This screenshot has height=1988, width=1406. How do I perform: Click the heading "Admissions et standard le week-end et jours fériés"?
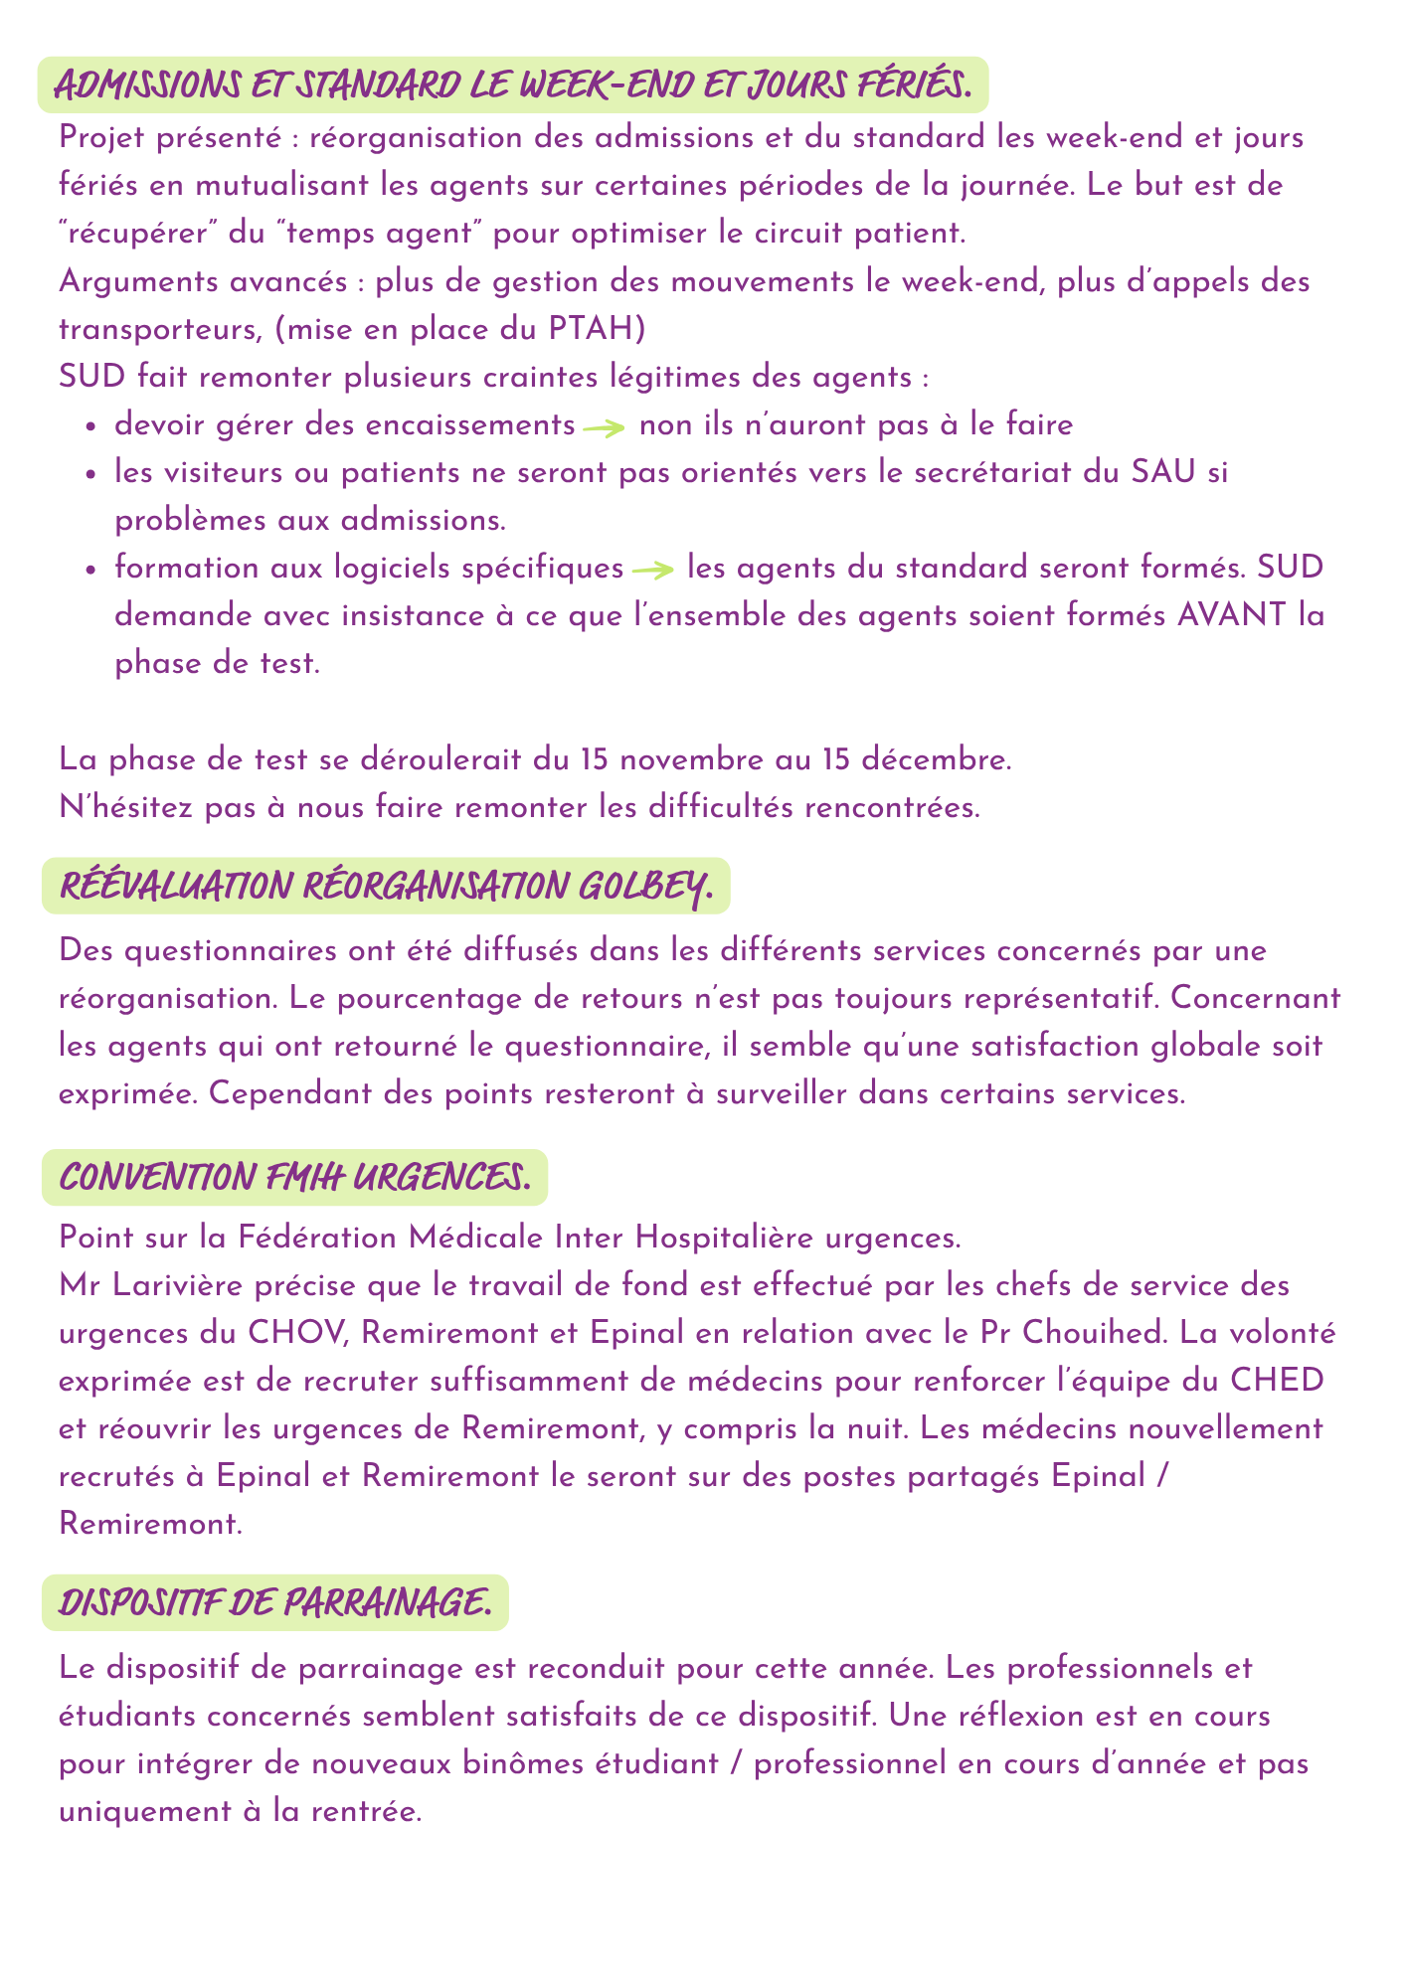[x=511, y=84]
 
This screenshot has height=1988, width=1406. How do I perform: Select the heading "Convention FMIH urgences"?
[x=293, y=1178]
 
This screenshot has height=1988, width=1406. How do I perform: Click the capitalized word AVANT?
[x=1230, y=616]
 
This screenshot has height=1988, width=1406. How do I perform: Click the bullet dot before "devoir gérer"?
[x=91, y=426]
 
